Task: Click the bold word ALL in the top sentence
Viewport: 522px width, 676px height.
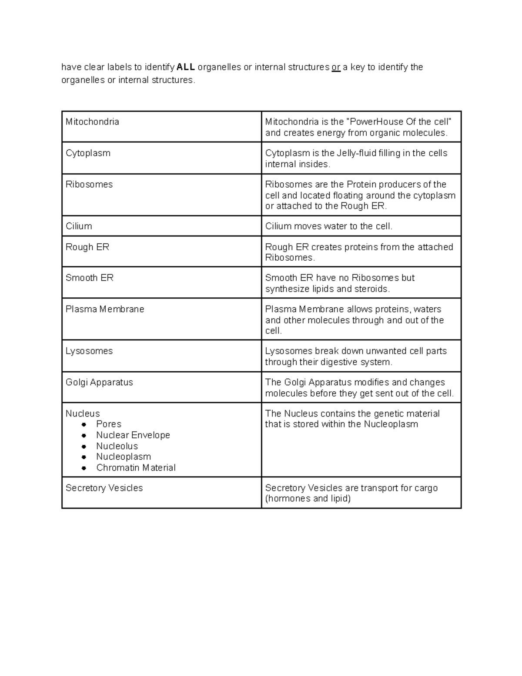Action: (186, 67)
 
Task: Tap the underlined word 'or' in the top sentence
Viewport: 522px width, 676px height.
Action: (336, 67)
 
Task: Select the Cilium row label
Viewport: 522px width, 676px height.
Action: (79, 226)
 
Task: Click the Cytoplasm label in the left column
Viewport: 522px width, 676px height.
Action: (88, 153)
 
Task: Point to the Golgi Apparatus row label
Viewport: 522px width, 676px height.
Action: (99, 382)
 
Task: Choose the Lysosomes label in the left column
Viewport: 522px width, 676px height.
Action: (89, 351)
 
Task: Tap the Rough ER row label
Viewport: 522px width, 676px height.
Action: (87, 247)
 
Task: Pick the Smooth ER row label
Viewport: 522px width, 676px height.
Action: (90, 278)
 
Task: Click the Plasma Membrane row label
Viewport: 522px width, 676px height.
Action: (105, 309)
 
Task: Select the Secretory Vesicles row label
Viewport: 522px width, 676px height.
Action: (104, 488)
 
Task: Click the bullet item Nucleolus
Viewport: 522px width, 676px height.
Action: (117, 446)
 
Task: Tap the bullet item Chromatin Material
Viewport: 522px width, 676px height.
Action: (136, 467)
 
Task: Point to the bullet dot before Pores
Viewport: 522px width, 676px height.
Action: (84, 424)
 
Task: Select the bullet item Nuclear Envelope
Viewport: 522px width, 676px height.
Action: (133, 435)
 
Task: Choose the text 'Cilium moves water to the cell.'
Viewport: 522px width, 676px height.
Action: (329, 226)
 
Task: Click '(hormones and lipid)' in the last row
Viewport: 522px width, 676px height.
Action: (308, 498)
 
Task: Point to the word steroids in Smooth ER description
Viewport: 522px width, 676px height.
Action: (371, 289)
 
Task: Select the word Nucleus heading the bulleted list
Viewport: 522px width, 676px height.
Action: (83, 414)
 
